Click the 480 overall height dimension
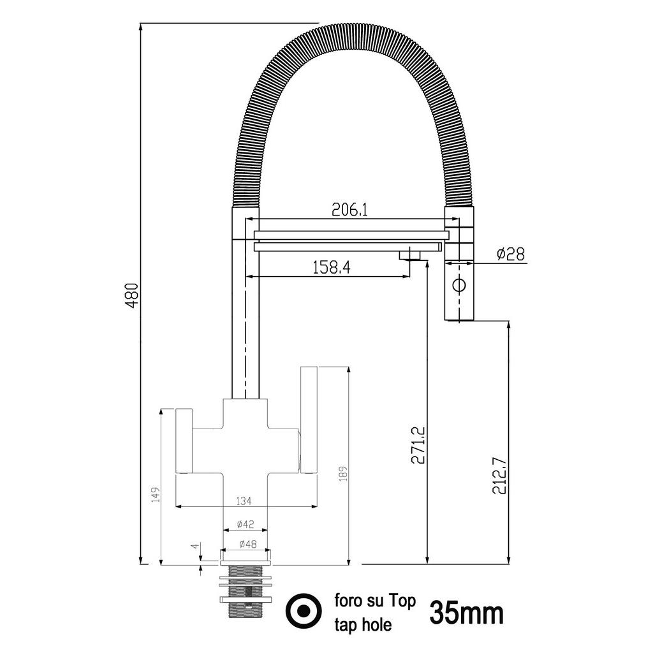tap(131, 295)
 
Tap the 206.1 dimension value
tap(350, 210)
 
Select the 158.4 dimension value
tap(332, 267)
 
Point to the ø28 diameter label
tap(510, 254)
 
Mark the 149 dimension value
tap(155, 494)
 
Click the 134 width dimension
tap(244, 500)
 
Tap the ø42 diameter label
tap(245, 524)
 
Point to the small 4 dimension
tap(195, 547)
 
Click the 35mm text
tap(466, 613)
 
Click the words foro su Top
tap(375, 601)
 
